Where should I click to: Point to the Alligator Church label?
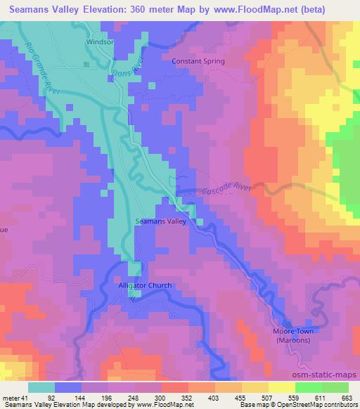(x=142, y=285)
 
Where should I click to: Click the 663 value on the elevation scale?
(x=347, y=398)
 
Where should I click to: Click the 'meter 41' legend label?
(x=15, y=398)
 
